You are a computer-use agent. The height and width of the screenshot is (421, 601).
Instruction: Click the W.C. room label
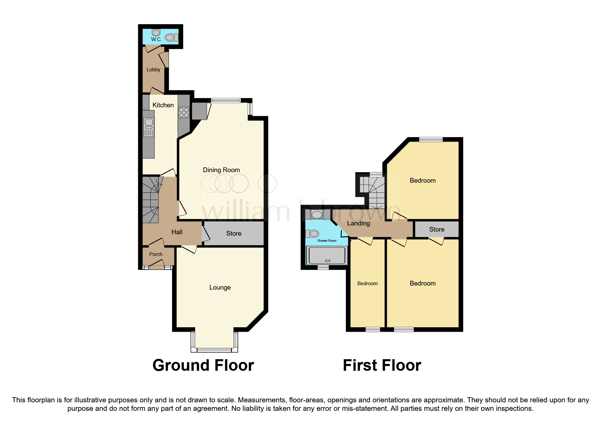tap(156, 39)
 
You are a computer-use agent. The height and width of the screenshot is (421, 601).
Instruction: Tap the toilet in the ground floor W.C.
tap(172, 37)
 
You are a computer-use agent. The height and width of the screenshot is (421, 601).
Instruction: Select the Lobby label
tap(153, 70)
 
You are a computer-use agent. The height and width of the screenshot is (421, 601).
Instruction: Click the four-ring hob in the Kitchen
tap(184, 112)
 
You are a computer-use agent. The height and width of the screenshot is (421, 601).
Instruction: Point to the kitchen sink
tap(149, 127)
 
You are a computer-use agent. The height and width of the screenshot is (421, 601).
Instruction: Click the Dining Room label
tap(221, 170)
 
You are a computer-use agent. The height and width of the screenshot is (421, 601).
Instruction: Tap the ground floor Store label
tap(234, 234)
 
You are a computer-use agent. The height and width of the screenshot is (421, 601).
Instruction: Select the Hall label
tap(177, 232)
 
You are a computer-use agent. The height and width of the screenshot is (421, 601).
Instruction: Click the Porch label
tap(156, 254)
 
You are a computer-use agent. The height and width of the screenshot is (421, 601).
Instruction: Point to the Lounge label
tap(220, 288)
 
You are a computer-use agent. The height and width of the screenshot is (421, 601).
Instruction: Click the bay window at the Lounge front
tap(214, 350)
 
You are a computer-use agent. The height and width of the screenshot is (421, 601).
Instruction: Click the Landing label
tap(358, 223)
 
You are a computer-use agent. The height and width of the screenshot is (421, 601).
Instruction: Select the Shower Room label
tap(327, 241)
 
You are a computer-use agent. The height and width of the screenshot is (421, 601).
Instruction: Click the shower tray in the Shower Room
tap(327, 255)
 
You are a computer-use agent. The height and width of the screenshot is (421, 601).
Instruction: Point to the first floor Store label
tap(437, 230)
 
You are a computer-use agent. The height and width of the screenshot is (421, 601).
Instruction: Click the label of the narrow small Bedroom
tap(368, 283)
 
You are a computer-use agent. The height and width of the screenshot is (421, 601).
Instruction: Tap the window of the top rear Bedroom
tap(431, 139)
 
